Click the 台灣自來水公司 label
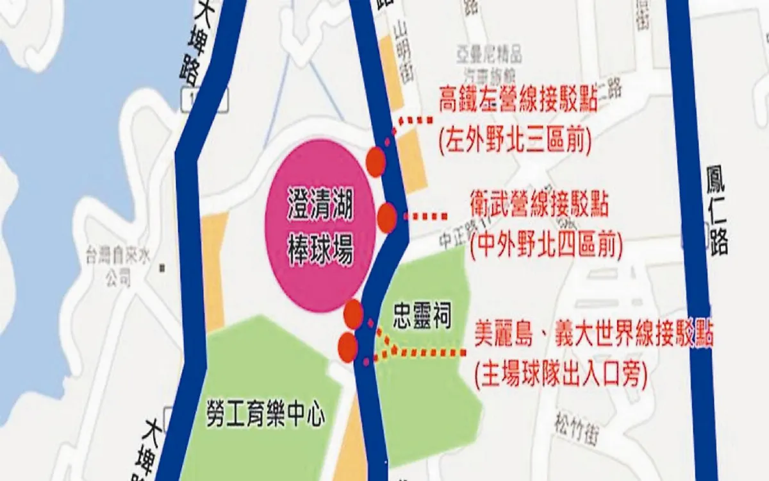(119, 268)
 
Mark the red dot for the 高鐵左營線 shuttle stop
(376, 162)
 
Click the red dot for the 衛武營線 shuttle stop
(387, 218)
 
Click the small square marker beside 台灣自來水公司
(162, 267)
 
